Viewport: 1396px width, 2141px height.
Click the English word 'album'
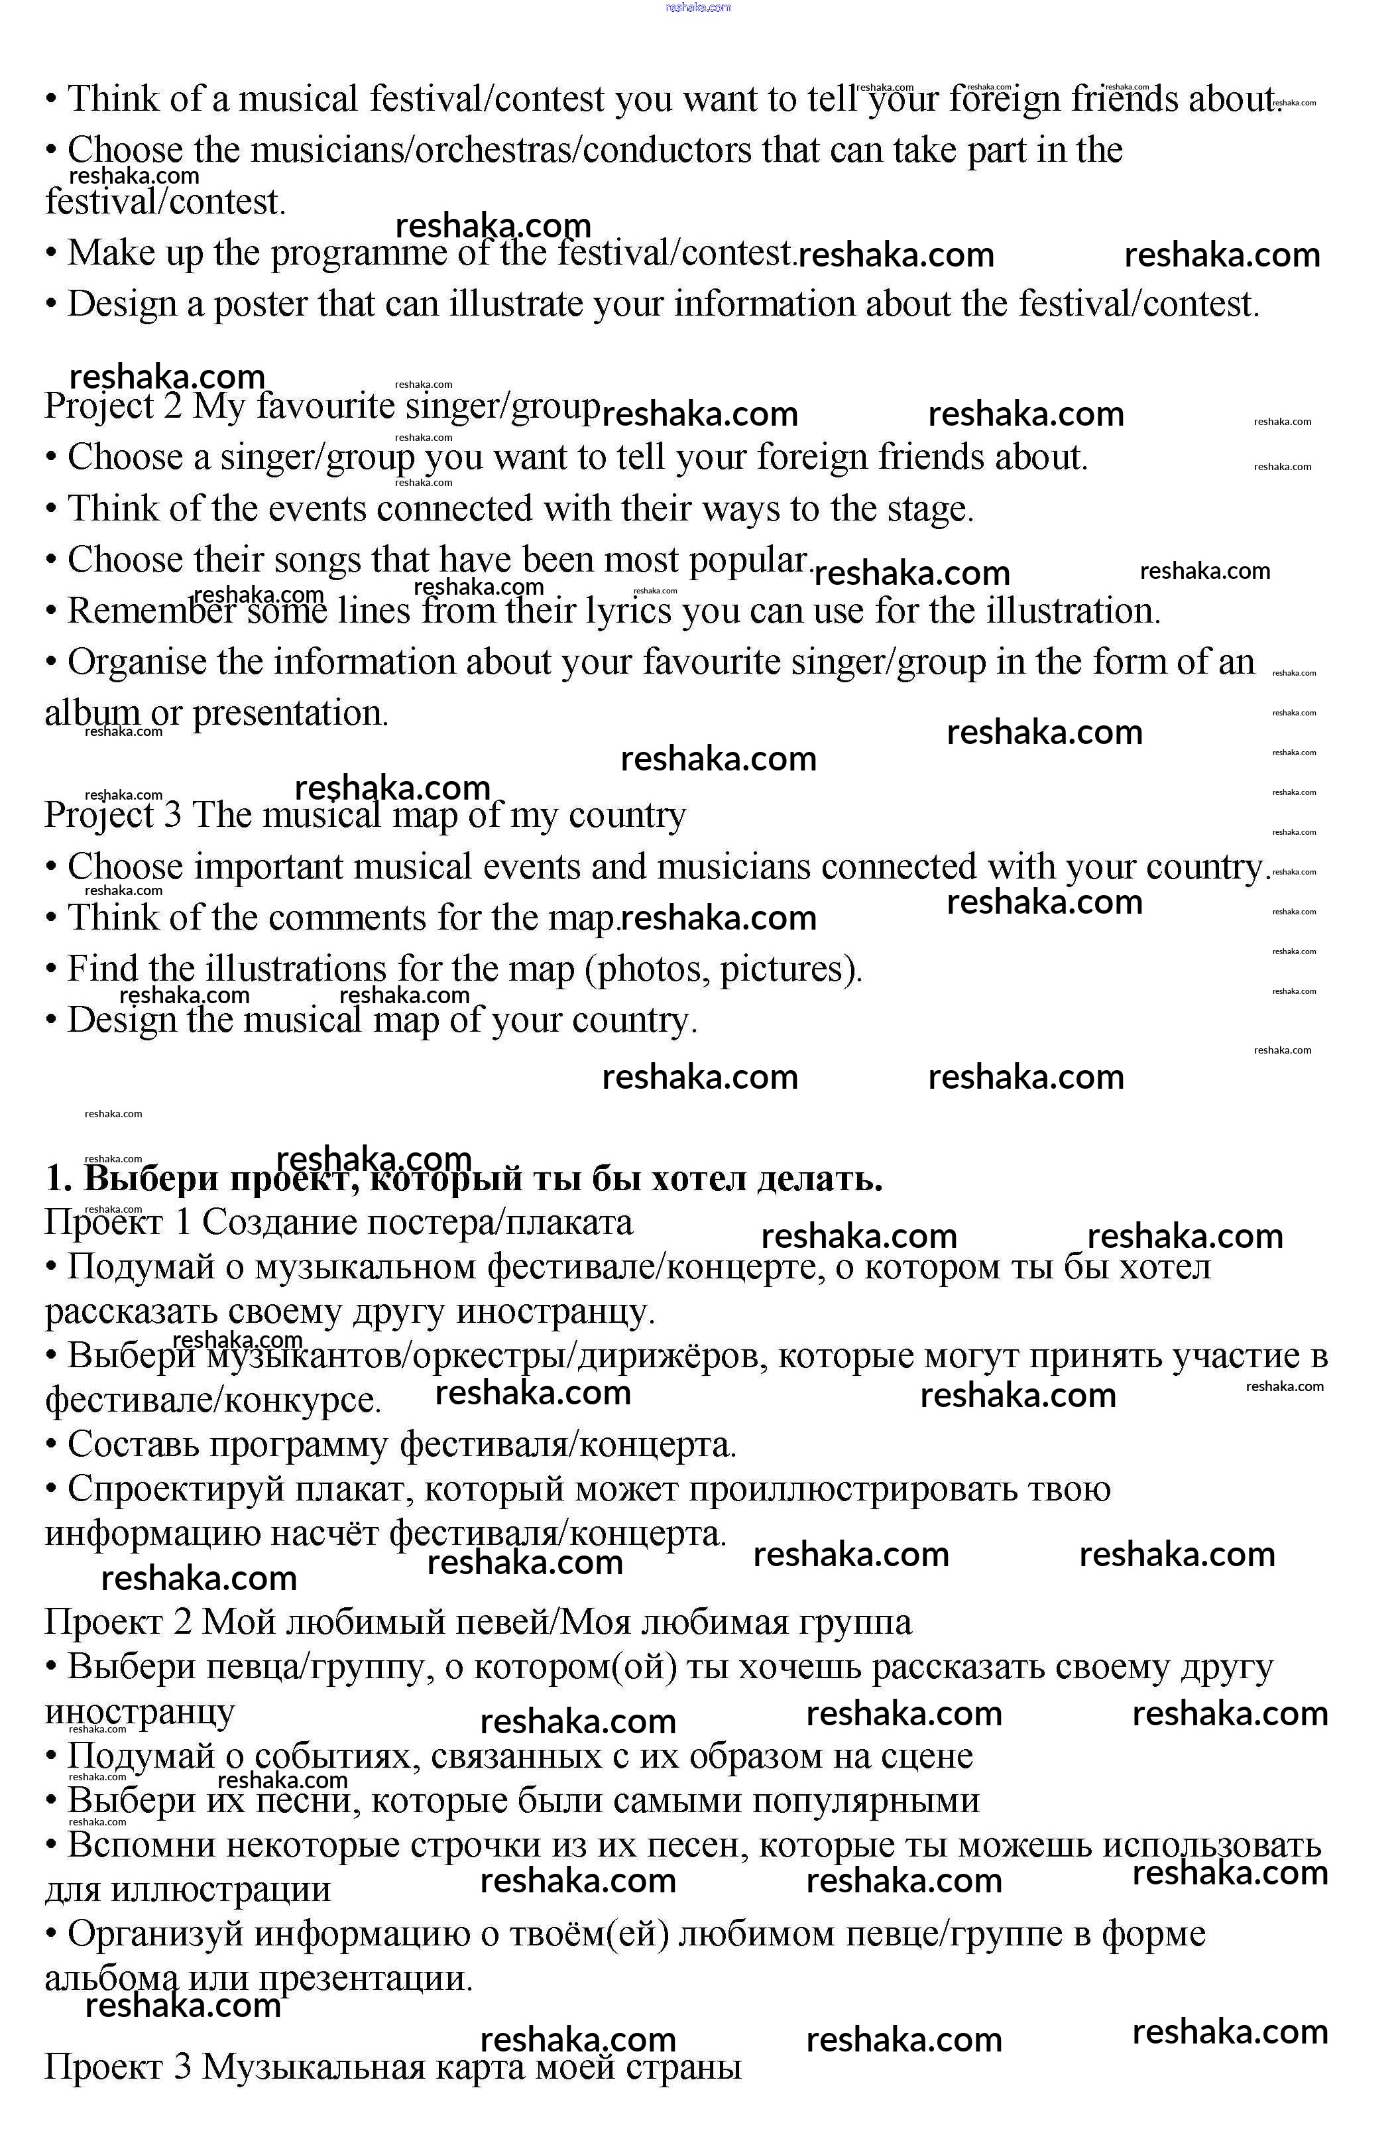coord(93,713)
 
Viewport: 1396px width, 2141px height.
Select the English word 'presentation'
coord(290,714)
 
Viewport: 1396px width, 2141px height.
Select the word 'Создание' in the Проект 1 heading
coord(270,1223)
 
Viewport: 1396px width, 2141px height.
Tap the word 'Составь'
coord(126,1445)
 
